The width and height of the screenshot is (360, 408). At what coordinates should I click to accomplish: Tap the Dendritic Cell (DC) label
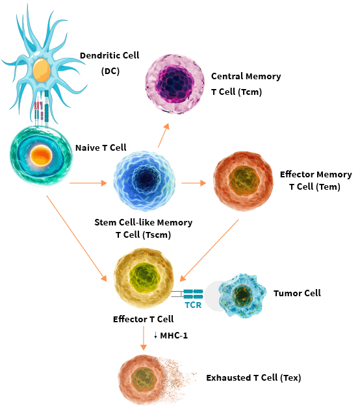(x=109, y=63)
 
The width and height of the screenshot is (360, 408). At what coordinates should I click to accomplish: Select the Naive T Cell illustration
(x=40, y=155)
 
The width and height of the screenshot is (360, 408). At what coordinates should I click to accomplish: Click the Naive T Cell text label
(x=101, y=147)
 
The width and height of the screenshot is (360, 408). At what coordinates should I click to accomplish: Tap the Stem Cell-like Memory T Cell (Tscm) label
(x=144, y=229)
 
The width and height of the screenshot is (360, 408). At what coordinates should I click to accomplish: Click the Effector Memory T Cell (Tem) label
(x=316, y=181)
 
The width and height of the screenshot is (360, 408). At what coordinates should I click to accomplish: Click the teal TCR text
(x=193, y=303)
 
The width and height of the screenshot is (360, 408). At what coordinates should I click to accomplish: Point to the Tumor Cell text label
(x=297, y=293)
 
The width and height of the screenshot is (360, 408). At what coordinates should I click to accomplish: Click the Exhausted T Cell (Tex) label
(x=253, y=377)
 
